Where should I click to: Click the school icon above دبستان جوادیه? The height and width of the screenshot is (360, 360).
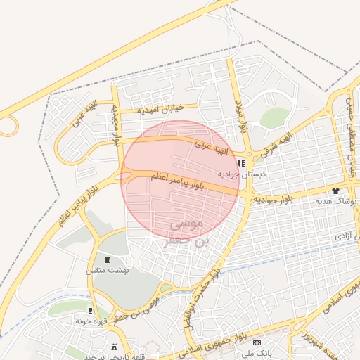[242, 163]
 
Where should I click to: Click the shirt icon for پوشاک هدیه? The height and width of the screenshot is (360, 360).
[335, 190]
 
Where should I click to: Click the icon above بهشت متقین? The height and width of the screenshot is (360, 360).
[107, 259]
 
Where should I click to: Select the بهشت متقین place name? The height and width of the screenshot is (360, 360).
[103, 269]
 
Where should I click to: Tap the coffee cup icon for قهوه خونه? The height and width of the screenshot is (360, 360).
[91, 310]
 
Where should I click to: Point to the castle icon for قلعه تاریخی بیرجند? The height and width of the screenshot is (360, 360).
[114, 347]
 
